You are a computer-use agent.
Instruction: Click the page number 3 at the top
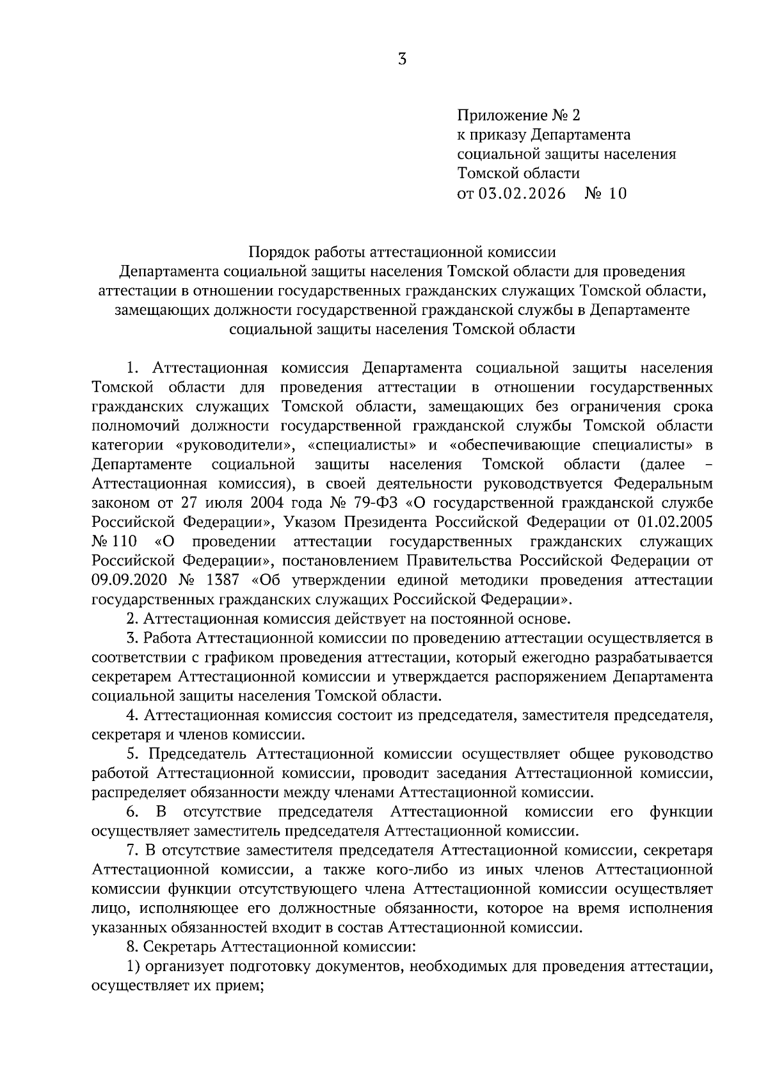coord(401,60)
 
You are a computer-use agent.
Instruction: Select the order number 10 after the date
coord(618,193)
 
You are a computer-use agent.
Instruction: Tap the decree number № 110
coord(115,542)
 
